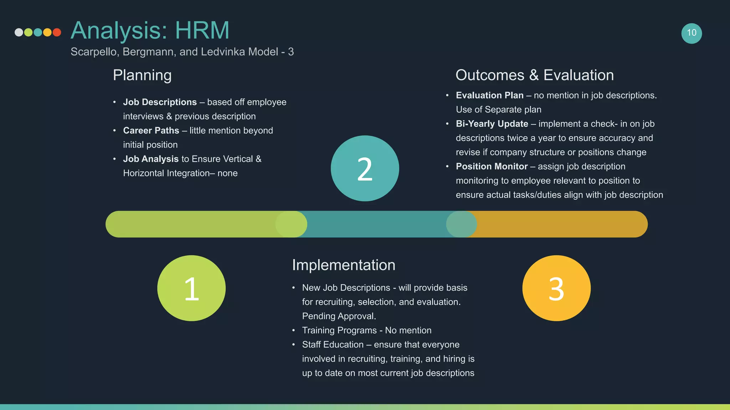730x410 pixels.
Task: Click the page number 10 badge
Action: coord(692,33)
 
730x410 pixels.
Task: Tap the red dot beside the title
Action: coord(57,32)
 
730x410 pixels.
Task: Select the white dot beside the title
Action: coord(19,32)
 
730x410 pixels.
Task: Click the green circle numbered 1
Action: coord(191,288)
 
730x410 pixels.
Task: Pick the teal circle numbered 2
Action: coord(365,168)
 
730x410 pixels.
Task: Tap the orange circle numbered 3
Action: coord(556,288)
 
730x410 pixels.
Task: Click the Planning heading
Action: coord(142,75)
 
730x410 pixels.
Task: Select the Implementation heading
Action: coord(344,265)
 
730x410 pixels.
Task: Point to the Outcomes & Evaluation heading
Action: coord(535,75)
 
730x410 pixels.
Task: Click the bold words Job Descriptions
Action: coord(160,102)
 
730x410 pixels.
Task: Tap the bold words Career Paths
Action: coord(151,131)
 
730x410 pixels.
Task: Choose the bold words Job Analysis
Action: coord(151,159)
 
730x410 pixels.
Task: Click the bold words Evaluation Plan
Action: coord(490,95)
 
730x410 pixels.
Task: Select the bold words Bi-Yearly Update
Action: coord(492,124)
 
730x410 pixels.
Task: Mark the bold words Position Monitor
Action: coord(492,167)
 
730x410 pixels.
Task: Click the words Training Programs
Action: coord(339,330)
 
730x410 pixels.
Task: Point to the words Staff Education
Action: coord(333,345)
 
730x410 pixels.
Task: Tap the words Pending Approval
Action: coord(339,316)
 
